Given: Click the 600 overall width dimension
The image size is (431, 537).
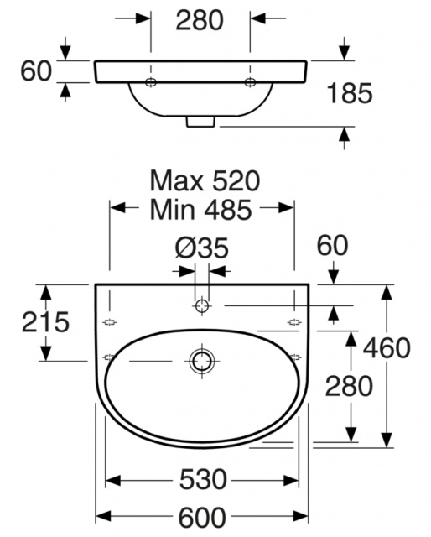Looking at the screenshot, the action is point(202,518).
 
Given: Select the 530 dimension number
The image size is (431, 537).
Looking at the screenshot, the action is point(203,479).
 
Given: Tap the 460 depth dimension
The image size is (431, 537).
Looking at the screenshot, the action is point(387,348).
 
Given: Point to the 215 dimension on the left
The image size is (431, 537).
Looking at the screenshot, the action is point(45,322).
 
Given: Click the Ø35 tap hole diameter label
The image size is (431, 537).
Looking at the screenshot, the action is point(201,248).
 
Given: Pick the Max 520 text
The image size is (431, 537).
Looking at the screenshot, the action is point(205,181).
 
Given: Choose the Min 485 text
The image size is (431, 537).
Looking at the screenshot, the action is point(201,209).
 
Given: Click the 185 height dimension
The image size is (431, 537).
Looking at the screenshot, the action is point(350,93).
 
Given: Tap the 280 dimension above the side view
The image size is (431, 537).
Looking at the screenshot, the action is point(200,20).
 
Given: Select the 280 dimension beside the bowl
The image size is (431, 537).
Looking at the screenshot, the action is point(349,386).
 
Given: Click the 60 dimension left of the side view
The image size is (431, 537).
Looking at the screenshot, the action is point(36,70).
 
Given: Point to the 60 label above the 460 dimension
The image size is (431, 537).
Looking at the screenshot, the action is point(332,245).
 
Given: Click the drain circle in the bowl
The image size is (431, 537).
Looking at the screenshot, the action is point(201,361).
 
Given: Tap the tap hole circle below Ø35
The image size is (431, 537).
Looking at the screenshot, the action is point(201,305).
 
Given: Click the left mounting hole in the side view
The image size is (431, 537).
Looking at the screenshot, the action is point(151,82).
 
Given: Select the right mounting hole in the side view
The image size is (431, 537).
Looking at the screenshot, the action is point(250,82).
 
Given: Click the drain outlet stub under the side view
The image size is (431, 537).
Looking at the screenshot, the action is point(200,122).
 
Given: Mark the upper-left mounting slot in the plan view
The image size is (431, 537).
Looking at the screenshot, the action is point(110,322).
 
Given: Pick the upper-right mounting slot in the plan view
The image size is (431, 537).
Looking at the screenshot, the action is point(294,322).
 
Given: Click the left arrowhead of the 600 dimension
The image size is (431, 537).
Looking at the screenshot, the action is point(103,515).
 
